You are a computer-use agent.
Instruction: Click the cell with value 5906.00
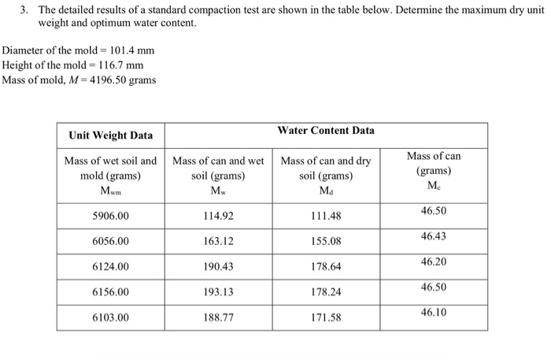(111, 215)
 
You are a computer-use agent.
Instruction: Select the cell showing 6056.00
(111, 241)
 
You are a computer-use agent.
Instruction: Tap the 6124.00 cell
(111, 266)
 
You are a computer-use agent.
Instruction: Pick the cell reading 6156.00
(111, 292)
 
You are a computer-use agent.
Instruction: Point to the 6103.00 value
(111, 318)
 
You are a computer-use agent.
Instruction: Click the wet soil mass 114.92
(218, 215)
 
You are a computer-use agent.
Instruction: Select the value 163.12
(218, 241)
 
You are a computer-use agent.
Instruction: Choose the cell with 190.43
(218, 266)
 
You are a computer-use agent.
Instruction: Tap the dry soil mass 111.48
(326, 215)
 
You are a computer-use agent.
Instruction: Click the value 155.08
(326, 241)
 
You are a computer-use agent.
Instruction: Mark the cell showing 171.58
(326, 318)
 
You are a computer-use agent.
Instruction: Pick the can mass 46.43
(434, 236)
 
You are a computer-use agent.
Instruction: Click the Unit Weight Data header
(111, 135)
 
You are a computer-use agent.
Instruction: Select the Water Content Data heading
(326, 130)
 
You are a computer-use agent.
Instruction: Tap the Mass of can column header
(434, 170)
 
